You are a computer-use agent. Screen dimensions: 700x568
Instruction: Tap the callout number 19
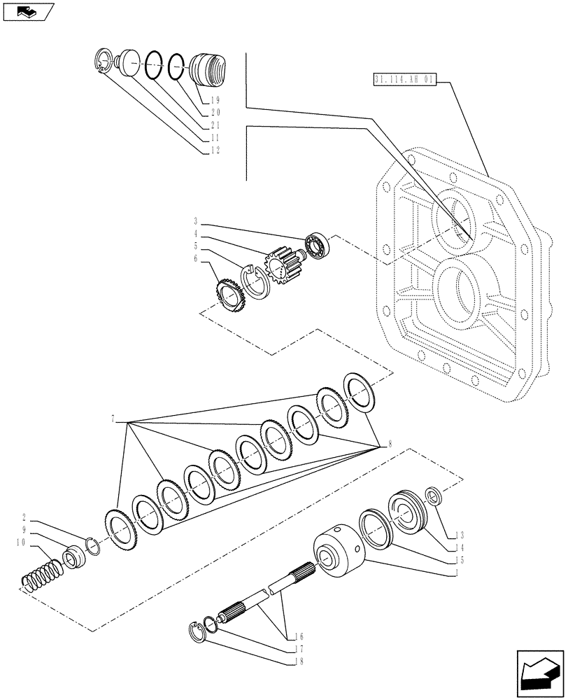[x=215, y=101]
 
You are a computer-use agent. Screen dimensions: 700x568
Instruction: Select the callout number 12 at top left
[x=215, y=150]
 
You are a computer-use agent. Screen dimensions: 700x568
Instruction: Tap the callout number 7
[x=113, y=419]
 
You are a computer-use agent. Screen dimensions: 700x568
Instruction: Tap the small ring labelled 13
[x=433, y=498]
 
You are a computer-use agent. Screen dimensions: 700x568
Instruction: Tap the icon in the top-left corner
[x=27, y=12]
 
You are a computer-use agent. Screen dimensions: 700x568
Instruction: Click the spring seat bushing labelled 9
[x=73, y=559]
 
